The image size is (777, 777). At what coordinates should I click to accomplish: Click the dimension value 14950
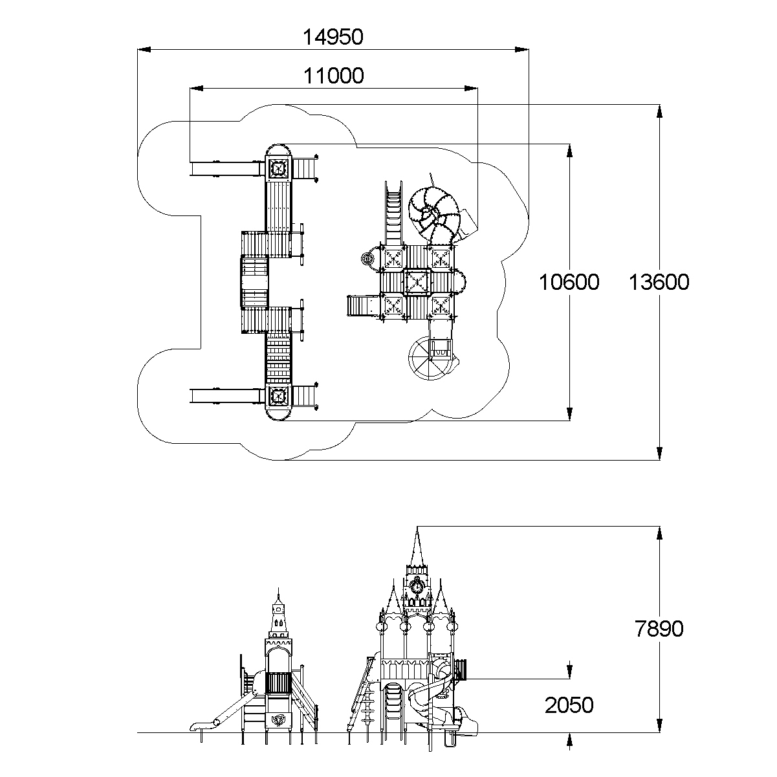(333, 37)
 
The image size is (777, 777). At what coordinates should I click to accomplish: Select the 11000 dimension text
(333, 76)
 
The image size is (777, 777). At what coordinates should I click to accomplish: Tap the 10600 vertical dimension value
(569, 282)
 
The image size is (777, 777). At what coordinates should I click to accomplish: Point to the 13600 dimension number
(659, 282)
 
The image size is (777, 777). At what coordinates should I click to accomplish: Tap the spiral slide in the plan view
(435, 213)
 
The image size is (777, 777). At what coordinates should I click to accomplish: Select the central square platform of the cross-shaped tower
(417, 282)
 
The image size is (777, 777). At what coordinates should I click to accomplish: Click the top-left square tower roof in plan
(278, 168)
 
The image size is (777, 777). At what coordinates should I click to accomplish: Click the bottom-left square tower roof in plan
(278, 395)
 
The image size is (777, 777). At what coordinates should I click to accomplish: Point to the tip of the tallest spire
(417, 527)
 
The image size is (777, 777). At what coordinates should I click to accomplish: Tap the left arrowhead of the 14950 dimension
(144, 50)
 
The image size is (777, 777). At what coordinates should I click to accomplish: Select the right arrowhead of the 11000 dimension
(471, 88)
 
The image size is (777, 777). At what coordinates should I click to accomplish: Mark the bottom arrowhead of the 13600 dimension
(659, 454)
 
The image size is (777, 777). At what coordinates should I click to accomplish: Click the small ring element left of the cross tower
(367, 259)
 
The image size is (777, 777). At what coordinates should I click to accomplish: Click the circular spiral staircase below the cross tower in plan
(430, 358)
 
